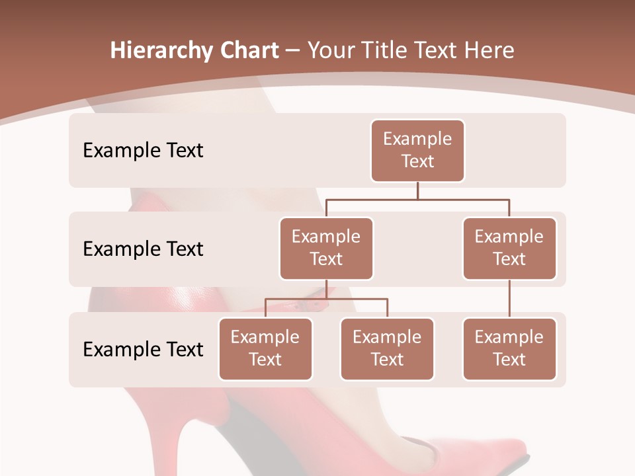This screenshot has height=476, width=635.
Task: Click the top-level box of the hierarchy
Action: click(x=417, y=150)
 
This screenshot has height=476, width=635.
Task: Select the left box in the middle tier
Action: click(x=326, y=248)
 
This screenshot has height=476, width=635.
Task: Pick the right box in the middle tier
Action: click(x=509, y=248)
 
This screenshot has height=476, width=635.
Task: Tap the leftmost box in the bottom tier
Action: click(x=265, y=348)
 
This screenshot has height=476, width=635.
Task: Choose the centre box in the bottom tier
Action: click(x=387, y=348)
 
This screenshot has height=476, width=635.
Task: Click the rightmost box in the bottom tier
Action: click(x=509, y=348)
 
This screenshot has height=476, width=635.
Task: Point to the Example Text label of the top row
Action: click(x=143, y=150)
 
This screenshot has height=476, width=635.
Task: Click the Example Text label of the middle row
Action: click(x=143, y=249)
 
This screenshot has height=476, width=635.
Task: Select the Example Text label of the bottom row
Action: click(x=143, y=349)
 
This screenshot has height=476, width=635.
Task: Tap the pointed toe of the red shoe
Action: click(x=503, y=456)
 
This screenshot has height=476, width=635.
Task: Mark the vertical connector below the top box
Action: click(x=417, y=190)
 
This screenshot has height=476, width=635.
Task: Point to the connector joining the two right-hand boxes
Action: click(x=509, y=299)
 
